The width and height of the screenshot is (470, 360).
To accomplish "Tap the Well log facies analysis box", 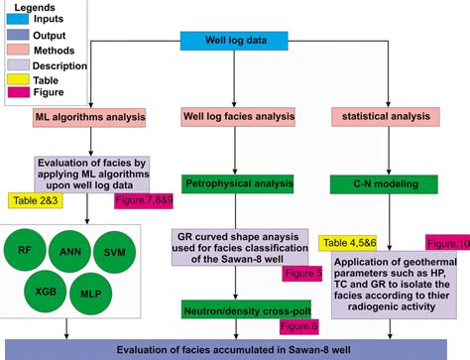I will point(234,117).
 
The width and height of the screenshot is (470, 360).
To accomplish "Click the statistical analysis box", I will point(385,117).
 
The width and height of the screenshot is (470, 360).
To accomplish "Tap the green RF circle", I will point(24,250).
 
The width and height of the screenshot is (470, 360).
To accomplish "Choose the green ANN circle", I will point(70,250).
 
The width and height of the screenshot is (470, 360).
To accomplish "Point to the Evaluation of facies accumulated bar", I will point(234,348).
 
